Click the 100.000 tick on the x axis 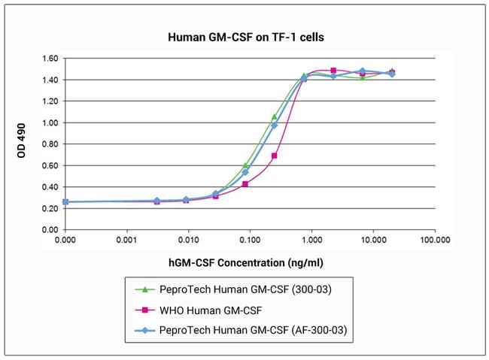[435, 241]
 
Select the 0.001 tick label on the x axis [126, 241]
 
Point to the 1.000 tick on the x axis [311, 241]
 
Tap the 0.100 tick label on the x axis [250, 241]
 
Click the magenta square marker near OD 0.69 [275, 156]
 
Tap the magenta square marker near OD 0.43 [245, 183]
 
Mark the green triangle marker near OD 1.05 [275, 116]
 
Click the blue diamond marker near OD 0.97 [275, 126]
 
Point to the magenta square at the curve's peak [333, 71]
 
